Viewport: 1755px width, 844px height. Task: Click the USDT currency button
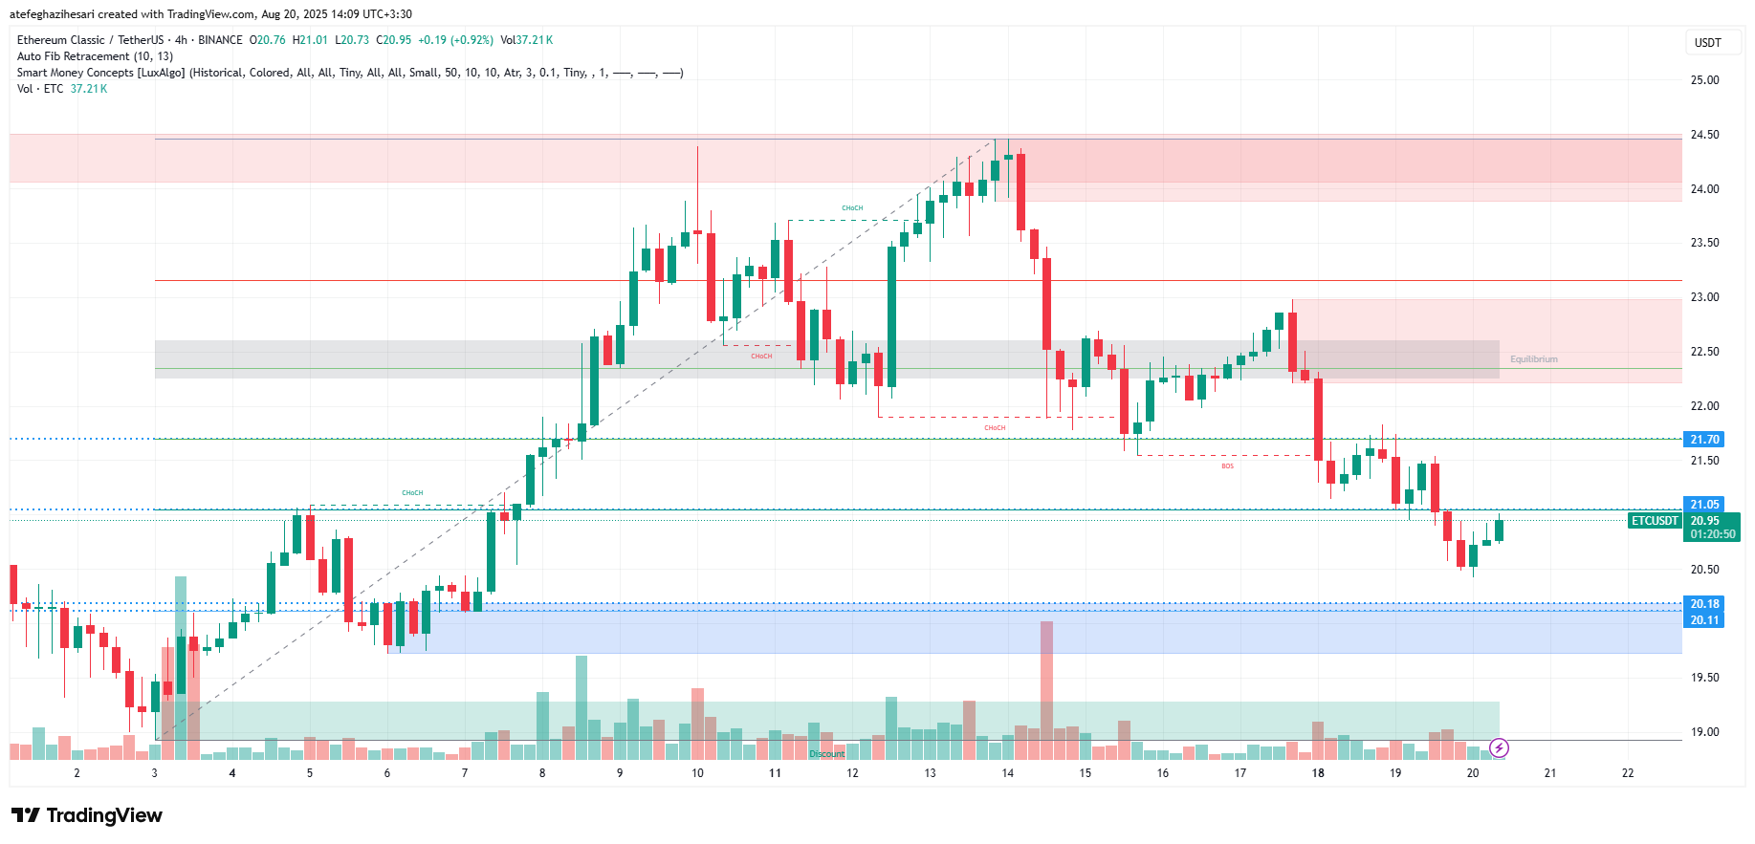click(x=1707, y=42)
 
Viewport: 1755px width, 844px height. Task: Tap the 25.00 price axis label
click(x=1704, y=80)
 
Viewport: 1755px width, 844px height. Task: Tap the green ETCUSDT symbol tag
click(x=1655, y=521)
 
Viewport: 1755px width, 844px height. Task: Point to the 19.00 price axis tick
click(x=1704, y=732)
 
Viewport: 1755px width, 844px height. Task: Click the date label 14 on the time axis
click(x=1007, y=773)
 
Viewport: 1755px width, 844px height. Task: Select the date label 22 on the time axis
click(x=1628, y=773)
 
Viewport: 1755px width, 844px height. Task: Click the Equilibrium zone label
click(x=1533, y=359)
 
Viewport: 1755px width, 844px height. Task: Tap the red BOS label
click(x=1227, y=466)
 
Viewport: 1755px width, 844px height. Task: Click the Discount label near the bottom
click(x=827, y=754)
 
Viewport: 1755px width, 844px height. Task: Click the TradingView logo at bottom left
click(x=87, y=815)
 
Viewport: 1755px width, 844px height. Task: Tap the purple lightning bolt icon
click(x=1499, y=747)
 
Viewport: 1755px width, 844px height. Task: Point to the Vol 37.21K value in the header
click(x=526, y=40)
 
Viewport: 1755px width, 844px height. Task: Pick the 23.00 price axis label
click(x=1704, y=297)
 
